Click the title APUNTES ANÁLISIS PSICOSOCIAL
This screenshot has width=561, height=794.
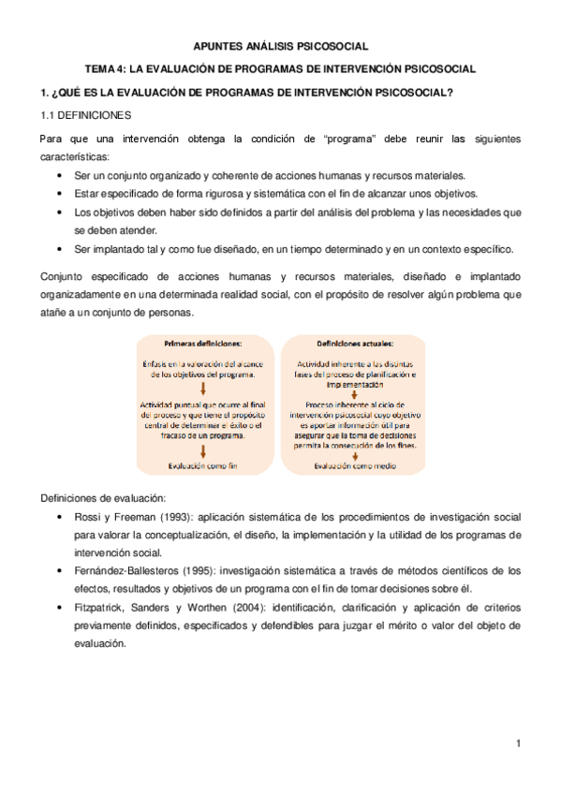[x=280, y=44]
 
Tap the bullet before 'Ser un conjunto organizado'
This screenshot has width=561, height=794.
[x=61, y=177]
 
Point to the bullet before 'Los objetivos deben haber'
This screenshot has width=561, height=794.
[x=61, y=213]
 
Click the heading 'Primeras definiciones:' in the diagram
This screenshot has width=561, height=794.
[x=202, y=343]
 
